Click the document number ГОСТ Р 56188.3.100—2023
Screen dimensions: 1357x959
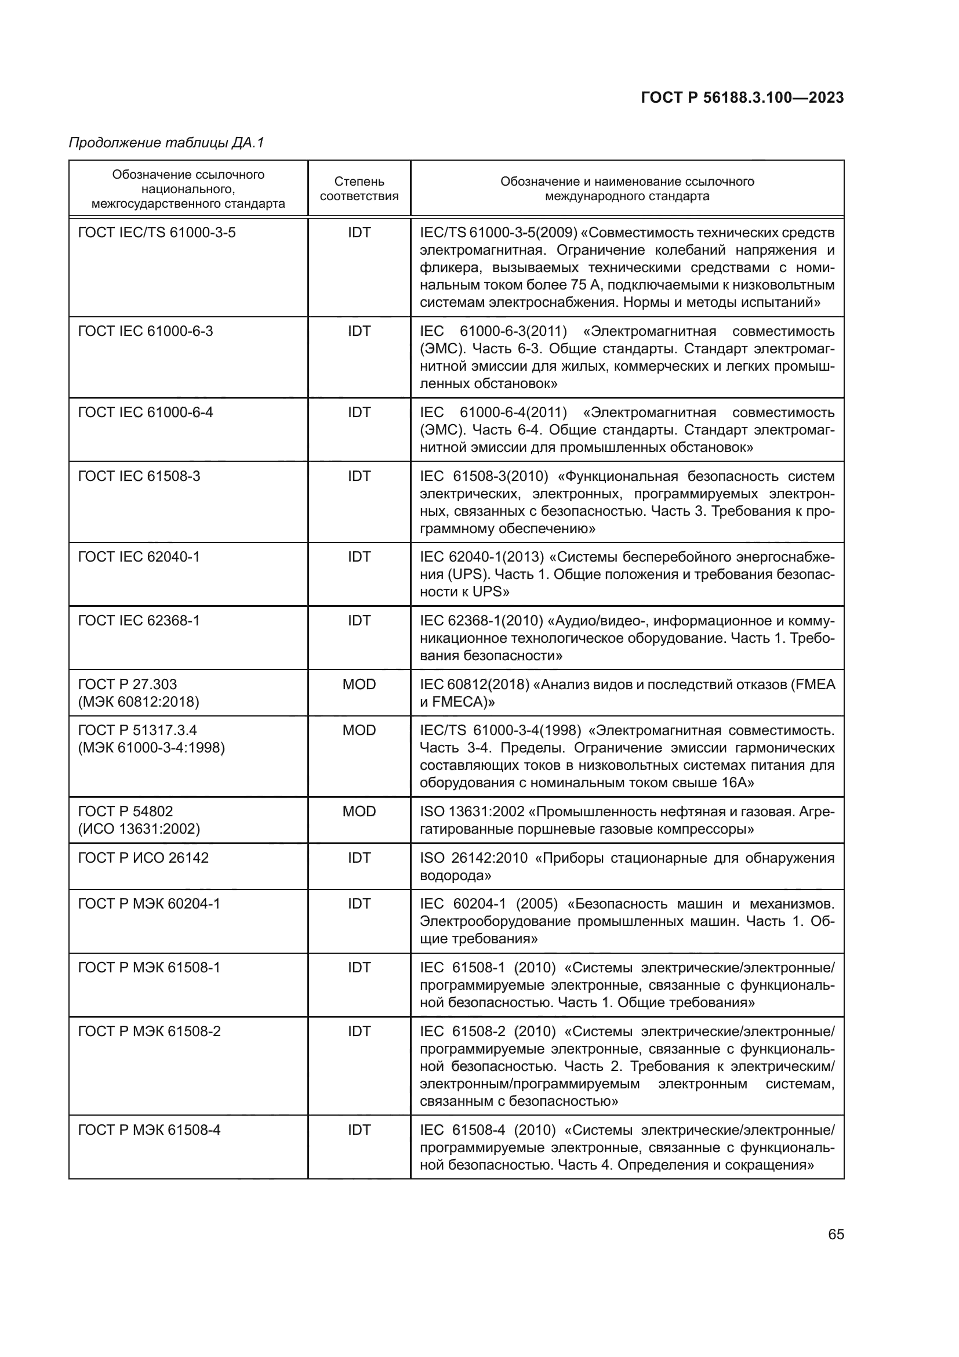[742, 98]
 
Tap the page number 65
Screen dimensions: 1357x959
[836, 1234]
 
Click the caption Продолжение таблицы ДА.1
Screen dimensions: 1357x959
[166, 143]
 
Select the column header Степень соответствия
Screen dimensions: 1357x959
[359, 189]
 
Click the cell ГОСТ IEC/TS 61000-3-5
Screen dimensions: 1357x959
[157, 233]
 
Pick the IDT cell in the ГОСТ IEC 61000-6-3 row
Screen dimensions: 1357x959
[359, 331]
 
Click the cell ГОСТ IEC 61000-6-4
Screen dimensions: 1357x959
[146, 412]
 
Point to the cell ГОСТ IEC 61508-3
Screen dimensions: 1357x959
[139, 476]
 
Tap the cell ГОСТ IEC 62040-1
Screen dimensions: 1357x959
[139, 557]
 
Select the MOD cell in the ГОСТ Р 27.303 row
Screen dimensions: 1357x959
[359, 685]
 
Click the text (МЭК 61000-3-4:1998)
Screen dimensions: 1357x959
[151, 748]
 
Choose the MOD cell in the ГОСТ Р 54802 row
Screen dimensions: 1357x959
[359, 812]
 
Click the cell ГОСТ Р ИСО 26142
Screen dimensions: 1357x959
[143, 857]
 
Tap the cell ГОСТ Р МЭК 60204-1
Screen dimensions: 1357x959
[149, 904]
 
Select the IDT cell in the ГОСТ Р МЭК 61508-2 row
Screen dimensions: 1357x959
[359, 1032]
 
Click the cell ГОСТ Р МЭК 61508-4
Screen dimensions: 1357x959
[149, 1130]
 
